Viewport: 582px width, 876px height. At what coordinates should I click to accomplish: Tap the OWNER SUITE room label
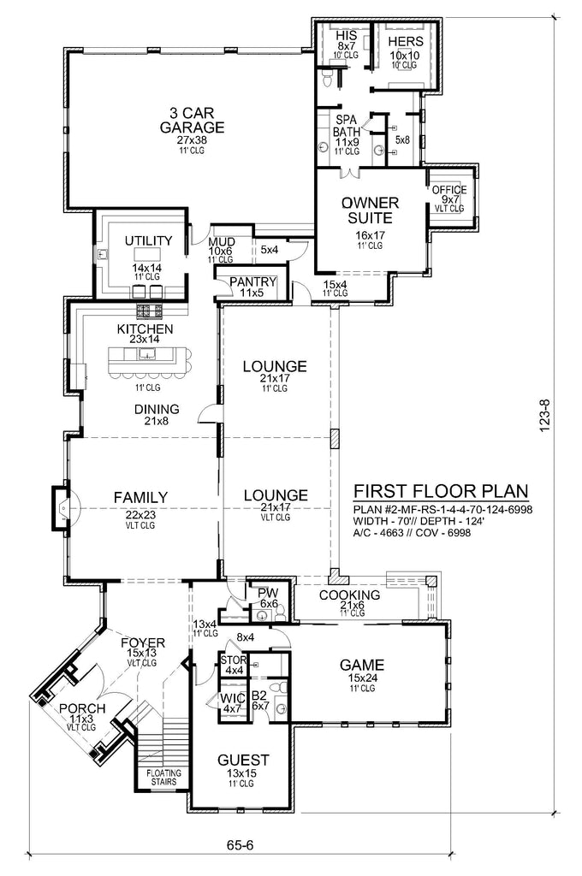pyautogui.click(x=370, y=210)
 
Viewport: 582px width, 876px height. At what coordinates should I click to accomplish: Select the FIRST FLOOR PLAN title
pyautogui.click(x=441, y=491)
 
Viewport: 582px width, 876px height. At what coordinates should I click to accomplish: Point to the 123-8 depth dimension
pyautogui.click(x=545, y=414)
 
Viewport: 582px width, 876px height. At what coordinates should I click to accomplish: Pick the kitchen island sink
pyautogui.click(x=147, y=352)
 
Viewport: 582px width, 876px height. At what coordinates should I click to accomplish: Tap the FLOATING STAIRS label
pyautogui.click(x=163, y=777)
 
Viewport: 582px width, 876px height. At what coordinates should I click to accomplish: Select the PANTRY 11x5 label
pyautogui.click(x=252, y=287)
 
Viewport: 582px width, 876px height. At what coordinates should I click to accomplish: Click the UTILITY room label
pyautogui.click(x=148, y=240)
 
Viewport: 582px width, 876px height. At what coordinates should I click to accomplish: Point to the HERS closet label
pyautogui.click(x=406, y=41)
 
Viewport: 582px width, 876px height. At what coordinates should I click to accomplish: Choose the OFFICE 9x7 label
pyautogui.click(x=449, y=194)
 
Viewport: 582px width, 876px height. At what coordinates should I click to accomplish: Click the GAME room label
pyautogui.click(x=362, y=665)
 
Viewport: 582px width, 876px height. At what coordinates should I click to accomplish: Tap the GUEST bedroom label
pyautogui.click(x=243, y=760)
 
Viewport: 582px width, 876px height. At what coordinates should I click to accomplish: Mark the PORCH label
pyautogui.click(x=82, y=708)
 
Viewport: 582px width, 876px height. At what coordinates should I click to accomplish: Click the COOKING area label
pyautogui.click(x=349, y=595)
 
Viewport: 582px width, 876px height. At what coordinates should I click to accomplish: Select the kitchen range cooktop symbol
pyautogui.click(x=150, y=311)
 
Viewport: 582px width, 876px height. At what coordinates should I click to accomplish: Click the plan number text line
pyautogui.click(x=442, y=510)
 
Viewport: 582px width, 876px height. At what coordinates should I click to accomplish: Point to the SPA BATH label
pyautogui.click(x=347, y=126)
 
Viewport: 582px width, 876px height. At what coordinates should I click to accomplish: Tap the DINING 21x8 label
pyautogui.click(x=157, y=414)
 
